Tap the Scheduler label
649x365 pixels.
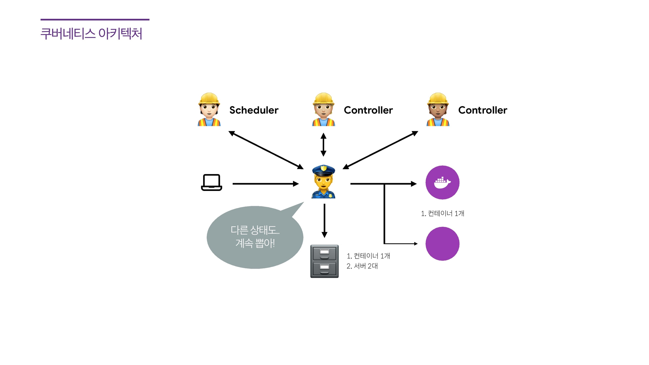click(254, 110)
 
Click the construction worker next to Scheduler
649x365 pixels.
click(209, 110)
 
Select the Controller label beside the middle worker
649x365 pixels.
click(368, 110)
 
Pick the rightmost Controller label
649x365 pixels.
click(483, 110)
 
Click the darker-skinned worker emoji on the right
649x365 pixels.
click(438, 110)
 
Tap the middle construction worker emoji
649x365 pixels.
click(323, 110)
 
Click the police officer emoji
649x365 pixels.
click(323, 182)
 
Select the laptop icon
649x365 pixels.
click(212, 182)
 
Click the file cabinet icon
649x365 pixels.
click(324, 261)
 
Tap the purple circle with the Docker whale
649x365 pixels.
click(442, 182)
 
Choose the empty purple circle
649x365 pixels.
click(442, 244)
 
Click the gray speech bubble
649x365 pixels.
click(255, 237)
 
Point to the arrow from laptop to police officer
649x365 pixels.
click(265, 184)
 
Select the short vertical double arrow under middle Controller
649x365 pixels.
click(323, 145)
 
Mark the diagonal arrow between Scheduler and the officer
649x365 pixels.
click(266, 150)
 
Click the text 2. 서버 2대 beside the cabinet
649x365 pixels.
click(362, 266)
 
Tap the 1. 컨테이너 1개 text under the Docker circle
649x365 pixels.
click(442, 213)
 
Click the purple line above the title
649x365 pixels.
click(95, 20)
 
